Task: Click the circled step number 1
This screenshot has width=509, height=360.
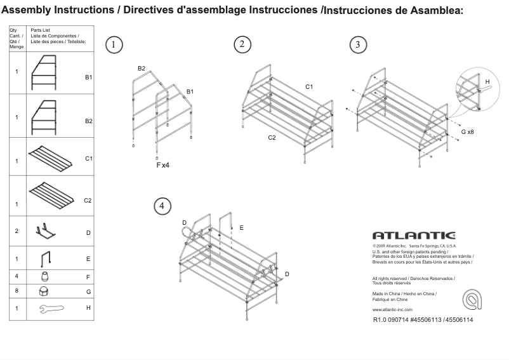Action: tap(114, 44)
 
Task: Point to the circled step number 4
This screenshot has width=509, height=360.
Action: tap(162, 205)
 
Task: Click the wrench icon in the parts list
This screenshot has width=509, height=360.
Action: tap(51, 309)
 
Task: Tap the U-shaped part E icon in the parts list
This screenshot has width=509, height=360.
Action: tap(46, 259)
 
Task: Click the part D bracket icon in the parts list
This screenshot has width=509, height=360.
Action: tap(46, 230)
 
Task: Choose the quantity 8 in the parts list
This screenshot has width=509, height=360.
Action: tap(17, 291)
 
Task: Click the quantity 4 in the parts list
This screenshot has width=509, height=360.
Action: tap(17, 277)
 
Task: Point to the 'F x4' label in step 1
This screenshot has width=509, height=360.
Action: tap(163, 165)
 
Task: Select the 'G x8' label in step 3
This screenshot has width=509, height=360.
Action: tap(468, 131)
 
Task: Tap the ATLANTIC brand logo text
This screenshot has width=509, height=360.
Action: tap(413, 236)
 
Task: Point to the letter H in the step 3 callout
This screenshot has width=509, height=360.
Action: tap(487, 82)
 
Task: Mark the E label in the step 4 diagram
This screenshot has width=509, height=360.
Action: tap(242, 227)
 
